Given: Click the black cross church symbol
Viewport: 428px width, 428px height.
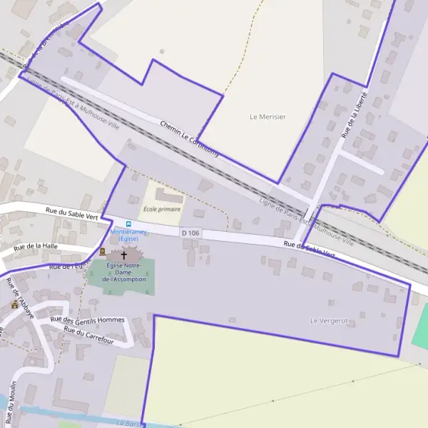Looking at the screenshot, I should tap(123, 255).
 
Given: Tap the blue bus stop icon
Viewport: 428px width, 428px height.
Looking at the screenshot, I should tap(128, 223).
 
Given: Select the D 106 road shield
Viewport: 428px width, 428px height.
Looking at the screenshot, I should tap(190, 233).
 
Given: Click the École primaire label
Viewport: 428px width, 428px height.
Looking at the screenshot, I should tap(162, 209).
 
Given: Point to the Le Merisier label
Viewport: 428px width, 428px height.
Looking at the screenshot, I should tap(267, 116).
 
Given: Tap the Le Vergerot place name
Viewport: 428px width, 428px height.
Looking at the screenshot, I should tap(329, 321).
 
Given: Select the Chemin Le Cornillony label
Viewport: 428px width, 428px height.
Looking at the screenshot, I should tap(189, 138).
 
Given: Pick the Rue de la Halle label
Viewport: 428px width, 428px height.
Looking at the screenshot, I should tap(34, 247).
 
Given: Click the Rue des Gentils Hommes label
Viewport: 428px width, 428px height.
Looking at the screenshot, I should tap(88, 320).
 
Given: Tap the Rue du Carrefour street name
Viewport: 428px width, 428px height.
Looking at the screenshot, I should tap(89, 335).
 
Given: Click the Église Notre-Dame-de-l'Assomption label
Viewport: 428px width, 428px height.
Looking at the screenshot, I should tap(124, 272).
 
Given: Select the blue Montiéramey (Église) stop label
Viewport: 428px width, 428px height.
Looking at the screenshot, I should tap(128, 235).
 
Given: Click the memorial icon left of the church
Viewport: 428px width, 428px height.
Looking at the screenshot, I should tap(102, 251).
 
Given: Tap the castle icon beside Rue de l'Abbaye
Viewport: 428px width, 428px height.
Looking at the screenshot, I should tap(14, 305).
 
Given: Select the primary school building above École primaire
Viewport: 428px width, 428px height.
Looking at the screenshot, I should tap(168, 195).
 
